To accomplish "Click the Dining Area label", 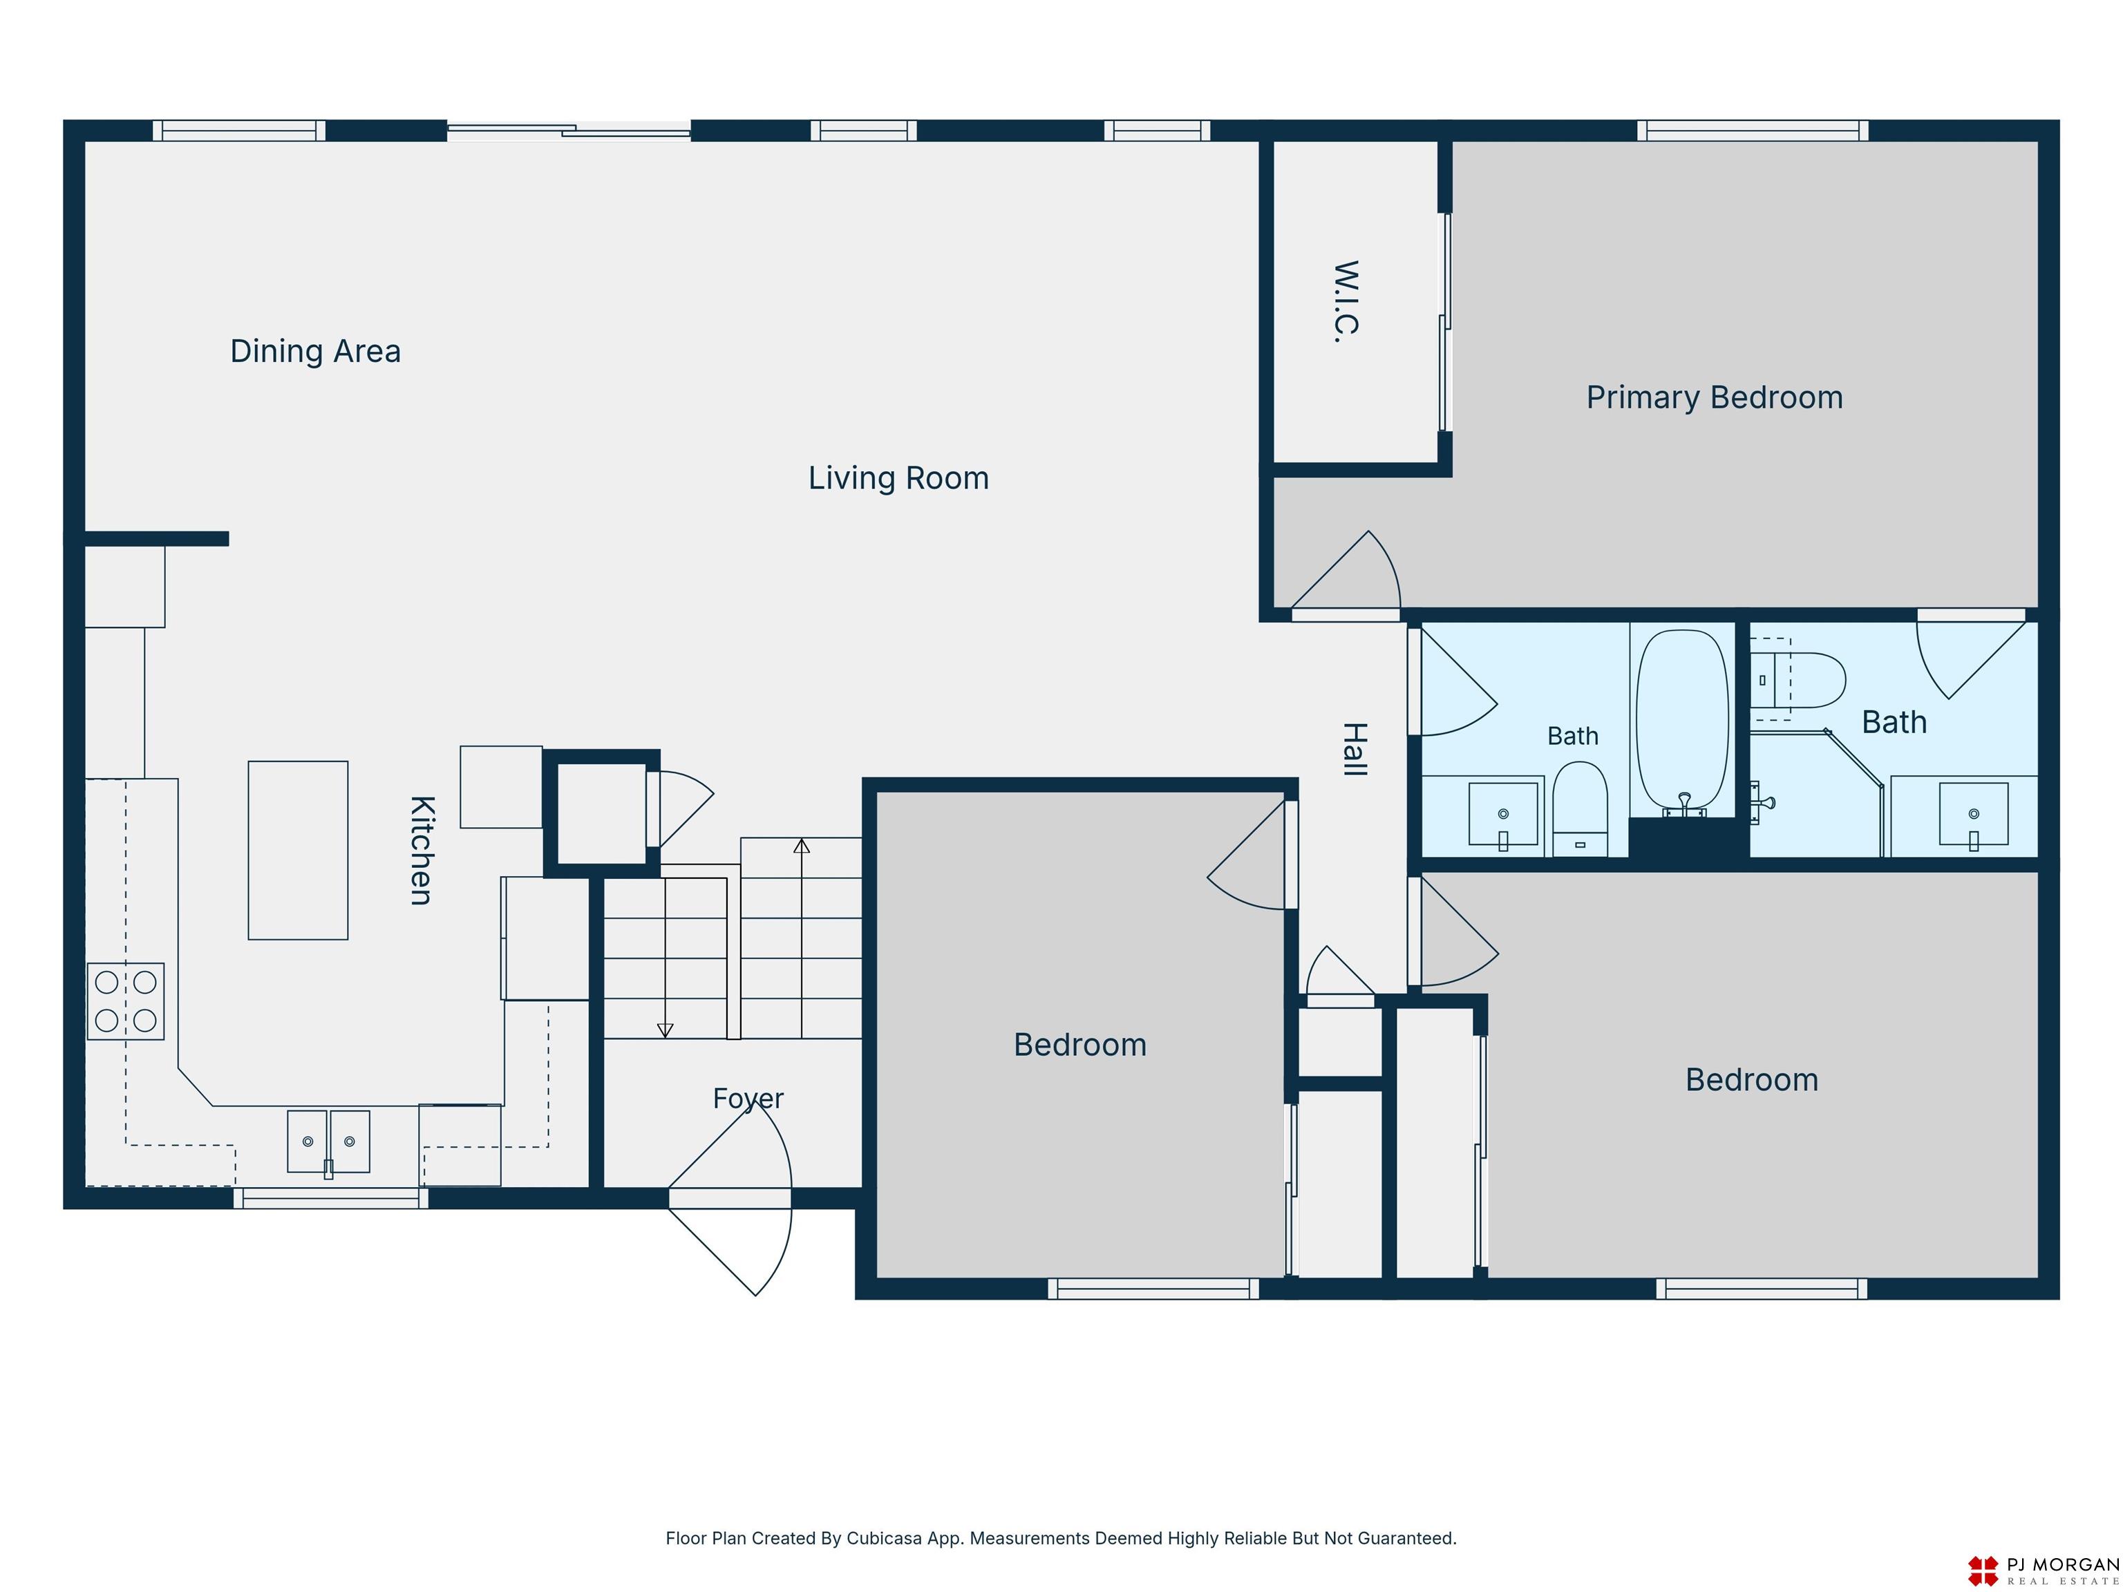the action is [315, 351].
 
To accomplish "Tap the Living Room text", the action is [898, 478].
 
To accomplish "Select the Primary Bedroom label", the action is [1714, 397].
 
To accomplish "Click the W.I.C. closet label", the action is [1346, 301].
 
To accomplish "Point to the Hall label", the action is [1353, 750].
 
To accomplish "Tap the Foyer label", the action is [748, 1099].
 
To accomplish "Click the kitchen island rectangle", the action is [298, 850].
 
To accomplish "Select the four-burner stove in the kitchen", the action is [126, 1001].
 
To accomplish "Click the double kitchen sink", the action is [328, 1142].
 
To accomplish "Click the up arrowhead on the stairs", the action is [802, 846].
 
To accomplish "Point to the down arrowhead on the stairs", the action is [665, 1031].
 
